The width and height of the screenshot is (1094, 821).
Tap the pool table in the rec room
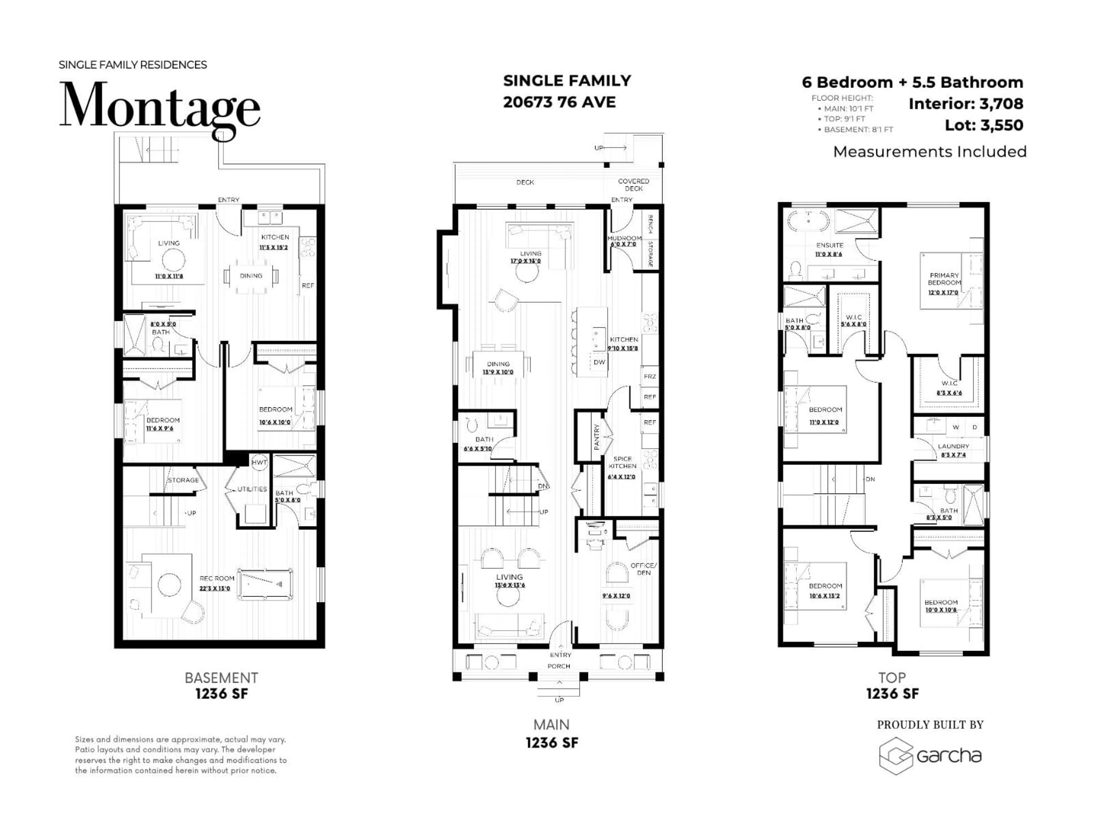[265, 584]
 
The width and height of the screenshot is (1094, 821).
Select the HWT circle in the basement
[259, 462]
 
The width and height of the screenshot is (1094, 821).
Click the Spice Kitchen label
[622, 462]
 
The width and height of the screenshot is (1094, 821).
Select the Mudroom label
[624, 238]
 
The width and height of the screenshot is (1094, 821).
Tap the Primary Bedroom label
[944, 279]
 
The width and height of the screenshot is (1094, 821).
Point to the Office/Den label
[644, 569]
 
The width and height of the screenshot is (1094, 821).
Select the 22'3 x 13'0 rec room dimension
[215, 588]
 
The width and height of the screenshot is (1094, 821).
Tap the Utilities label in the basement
[252, 489]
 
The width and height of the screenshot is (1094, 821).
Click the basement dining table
[251, 276]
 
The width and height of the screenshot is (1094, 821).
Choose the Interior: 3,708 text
[966, 104]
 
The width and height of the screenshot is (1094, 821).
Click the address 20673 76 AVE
[559, 102]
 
